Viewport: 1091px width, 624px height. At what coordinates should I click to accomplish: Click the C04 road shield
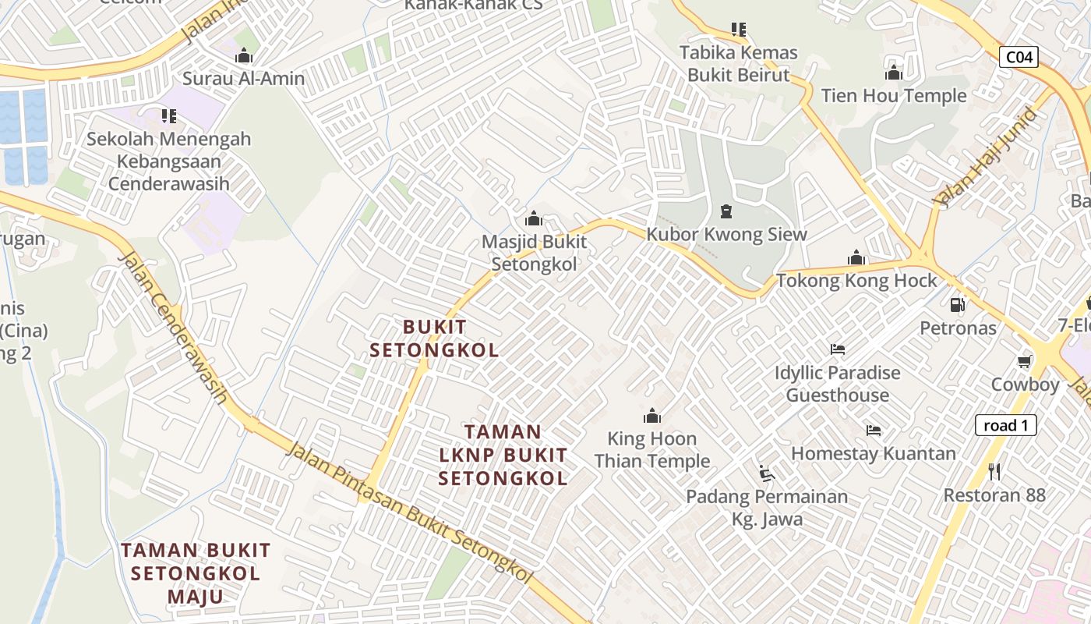(1019, 56)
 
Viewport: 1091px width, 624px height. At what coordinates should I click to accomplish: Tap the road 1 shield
(1006, 425)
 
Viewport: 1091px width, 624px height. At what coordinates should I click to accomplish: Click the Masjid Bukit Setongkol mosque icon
(534, 218)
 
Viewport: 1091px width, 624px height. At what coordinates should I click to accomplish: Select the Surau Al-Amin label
(244, 79)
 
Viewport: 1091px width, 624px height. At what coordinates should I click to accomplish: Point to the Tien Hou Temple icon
(894, 73)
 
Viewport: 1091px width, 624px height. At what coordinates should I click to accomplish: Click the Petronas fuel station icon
(958, 305)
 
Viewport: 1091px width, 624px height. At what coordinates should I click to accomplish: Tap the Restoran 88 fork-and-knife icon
(994, 471)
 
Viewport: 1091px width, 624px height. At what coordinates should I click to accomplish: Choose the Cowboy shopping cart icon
(1025, 361)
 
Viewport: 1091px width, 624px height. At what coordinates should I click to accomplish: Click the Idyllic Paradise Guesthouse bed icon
(838, 349)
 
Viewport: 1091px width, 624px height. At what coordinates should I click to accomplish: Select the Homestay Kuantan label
(874, 453)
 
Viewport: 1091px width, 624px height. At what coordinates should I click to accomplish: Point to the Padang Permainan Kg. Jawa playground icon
(767, 473)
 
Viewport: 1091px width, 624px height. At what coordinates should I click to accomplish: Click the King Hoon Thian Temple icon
(652, 415)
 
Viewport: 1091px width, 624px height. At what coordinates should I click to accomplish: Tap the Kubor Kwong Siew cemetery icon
(726, 211)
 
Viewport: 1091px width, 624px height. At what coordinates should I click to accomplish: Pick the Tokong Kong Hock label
(856, 281)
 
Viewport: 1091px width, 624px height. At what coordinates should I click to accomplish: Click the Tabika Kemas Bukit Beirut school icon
(739, 30)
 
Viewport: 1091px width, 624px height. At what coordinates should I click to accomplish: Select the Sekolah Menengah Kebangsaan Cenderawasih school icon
(168, 116)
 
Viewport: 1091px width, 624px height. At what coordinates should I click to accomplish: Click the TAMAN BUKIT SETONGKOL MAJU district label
(196, 573)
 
